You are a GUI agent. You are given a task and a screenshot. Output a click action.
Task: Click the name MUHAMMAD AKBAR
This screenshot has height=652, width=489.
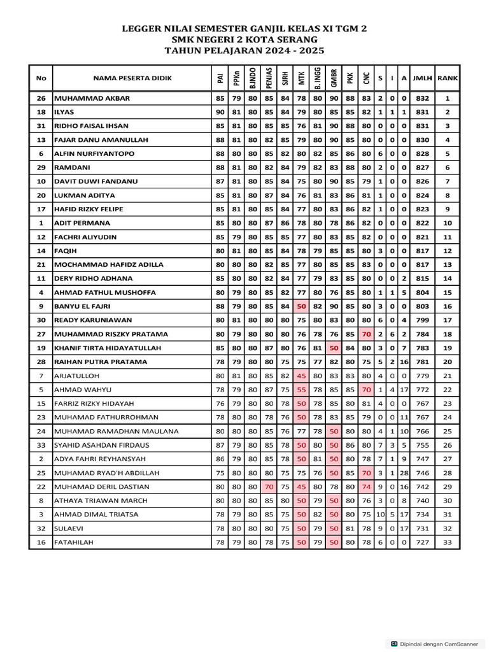92,99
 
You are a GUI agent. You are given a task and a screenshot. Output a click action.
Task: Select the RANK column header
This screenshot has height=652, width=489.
448,78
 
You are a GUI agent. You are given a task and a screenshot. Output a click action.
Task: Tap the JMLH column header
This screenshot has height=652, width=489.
422,78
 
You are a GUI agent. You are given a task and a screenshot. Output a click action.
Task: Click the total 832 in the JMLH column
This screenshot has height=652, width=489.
422,99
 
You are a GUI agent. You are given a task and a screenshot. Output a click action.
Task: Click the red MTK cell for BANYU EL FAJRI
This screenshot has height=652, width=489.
301,306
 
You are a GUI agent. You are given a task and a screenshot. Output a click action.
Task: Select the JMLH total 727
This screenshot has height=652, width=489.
422,542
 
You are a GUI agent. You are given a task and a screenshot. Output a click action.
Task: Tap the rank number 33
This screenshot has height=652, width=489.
448,542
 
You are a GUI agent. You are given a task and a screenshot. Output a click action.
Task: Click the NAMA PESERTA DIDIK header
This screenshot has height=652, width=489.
132,78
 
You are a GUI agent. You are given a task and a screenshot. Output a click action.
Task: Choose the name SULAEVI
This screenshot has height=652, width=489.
70,528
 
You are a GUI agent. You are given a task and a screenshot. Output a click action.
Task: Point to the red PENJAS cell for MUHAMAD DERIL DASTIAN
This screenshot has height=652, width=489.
269,486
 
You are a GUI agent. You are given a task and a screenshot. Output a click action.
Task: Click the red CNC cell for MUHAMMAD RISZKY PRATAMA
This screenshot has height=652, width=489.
366,334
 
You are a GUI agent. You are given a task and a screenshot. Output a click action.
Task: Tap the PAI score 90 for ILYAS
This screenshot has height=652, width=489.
220,112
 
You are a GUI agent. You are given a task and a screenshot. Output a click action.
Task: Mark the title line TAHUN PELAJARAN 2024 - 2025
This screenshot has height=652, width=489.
244,50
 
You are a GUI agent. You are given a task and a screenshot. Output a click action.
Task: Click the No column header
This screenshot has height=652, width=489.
41,78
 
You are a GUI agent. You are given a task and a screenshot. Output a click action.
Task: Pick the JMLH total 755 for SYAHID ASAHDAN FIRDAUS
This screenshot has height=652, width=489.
422,445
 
